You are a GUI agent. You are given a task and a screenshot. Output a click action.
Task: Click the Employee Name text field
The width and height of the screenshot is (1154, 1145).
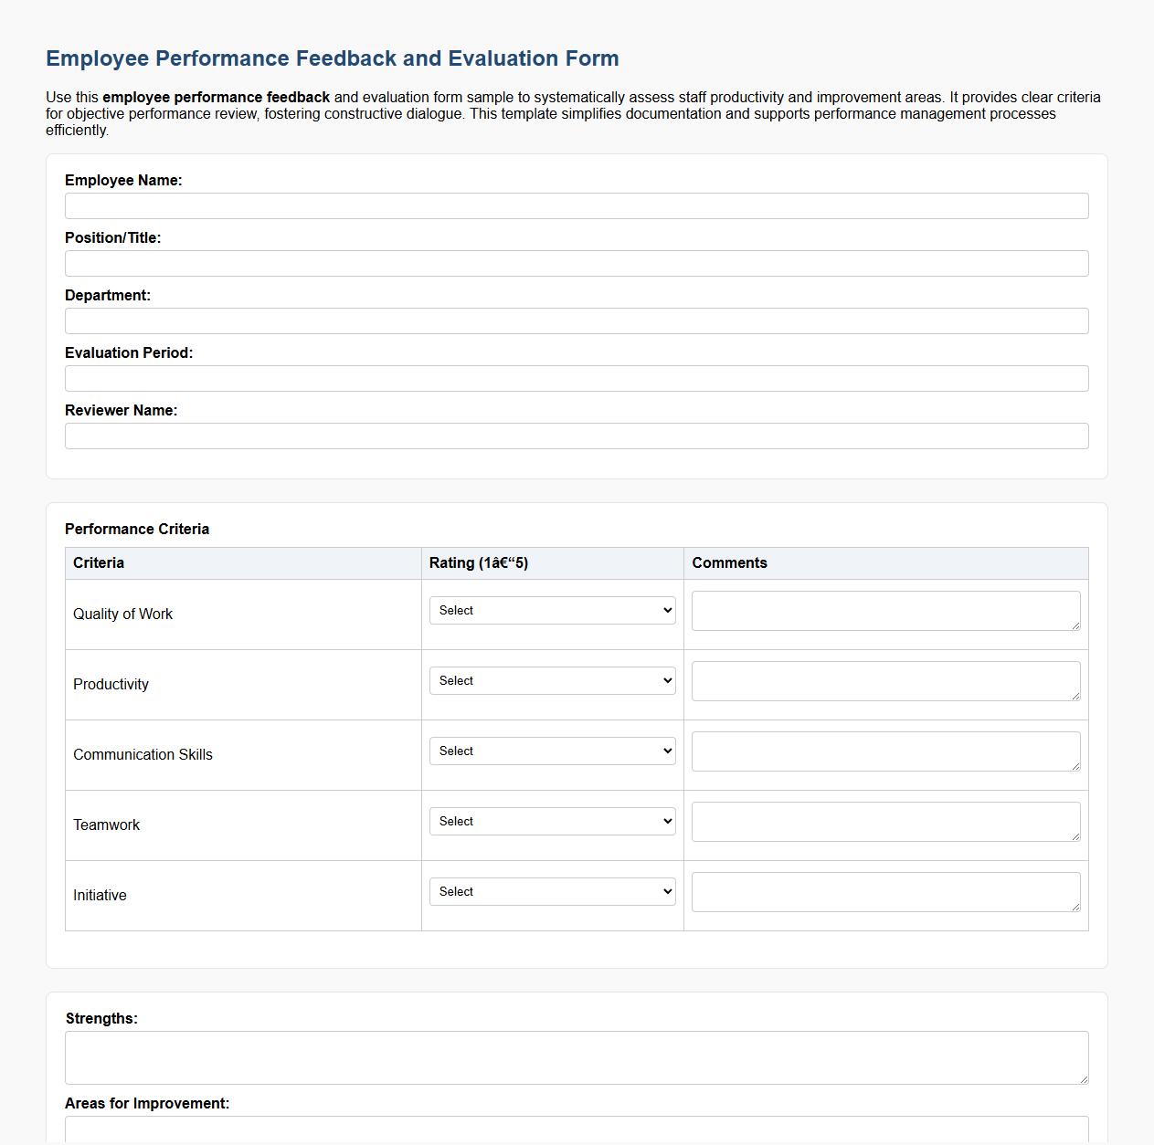[577, 205]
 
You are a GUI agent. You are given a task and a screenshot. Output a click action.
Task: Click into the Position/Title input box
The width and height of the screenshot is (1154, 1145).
[577, 263]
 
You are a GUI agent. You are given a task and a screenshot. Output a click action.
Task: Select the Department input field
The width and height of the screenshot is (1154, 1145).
[577, 320]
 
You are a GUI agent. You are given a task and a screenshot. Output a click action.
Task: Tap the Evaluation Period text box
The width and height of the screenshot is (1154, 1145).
[577, 378]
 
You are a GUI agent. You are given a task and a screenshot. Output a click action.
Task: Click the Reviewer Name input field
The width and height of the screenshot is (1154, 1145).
[577, 436]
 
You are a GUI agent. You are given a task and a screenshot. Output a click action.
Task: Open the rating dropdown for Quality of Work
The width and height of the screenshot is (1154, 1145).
[552, 611]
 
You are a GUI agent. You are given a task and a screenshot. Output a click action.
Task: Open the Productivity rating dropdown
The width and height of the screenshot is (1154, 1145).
[552, 681]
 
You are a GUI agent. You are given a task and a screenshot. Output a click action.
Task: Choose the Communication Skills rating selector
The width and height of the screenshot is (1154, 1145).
[552, 751]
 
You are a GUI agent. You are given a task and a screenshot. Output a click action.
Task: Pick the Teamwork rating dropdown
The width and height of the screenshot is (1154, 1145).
[552, 822]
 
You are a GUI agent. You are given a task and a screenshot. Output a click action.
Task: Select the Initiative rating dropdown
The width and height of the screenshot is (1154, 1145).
[552, 892]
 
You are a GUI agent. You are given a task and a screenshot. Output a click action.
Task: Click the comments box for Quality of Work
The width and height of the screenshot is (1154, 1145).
[885, 611]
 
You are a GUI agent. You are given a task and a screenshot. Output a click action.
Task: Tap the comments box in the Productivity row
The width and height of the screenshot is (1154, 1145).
[885, 681]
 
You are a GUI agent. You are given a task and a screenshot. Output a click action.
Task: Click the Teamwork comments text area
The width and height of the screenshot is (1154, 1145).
[885, 822]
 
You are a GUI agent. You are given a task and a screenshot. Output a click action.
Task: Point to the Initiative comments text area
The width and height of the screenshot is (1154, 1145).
[885, 892]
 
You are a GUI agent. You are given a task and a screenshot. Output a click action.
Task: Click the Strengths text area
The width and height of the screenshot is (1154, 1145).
[577, 1057]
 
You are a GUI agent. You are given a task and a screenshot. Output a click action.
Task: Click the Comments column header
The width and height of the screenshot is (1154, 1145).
[729, 563]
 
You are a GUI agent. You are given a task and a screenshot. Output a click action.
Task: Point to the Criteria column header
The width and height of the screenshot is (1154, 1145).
[99, 563]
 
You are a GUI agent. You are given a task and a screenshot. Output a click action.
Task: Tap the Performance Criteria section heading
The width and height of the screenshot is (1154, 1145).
[137, 529]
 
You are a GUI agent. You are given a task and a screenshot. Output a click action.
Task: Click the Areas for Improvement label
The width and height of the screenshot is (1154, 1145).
[147, 1103]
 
